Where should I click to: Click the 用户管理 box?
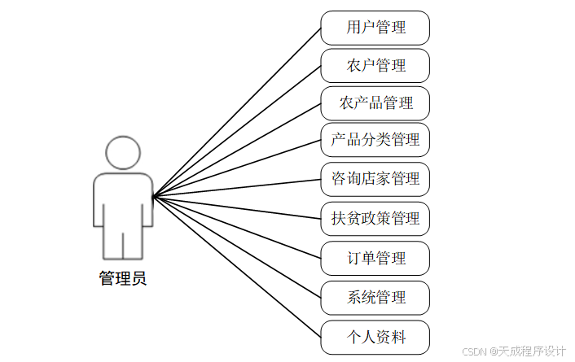click(375, 28)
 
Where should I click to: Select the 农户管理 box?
click(375, 66)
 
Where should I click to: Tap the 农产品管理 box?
click(375, 103)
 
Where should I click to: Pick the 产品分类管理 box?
click(375, 140)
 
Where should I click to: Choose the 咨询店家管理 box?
click(375, 178)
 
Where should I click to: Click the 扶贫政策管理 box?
click(375, 218)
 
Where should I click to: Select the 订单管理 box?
click(375, 259)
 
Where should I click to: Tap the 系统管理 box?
click(375, 298)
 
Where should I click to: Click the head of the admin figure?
click(123, 152)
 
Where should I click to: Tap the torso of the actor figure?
click(123, 199)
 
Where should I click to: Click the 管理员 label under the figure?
click(123, 279)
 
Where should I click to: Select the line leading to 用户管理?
click(236, 112)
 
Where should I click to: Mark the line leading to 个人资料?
click(236, 266)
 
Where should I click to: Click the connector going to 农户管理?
click(236, 131)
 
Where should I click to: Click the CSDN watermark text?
click(513, 351)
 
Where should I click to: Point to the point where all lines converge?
click(153, 196)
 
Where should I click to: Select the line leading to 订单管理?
click(236, 227)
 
